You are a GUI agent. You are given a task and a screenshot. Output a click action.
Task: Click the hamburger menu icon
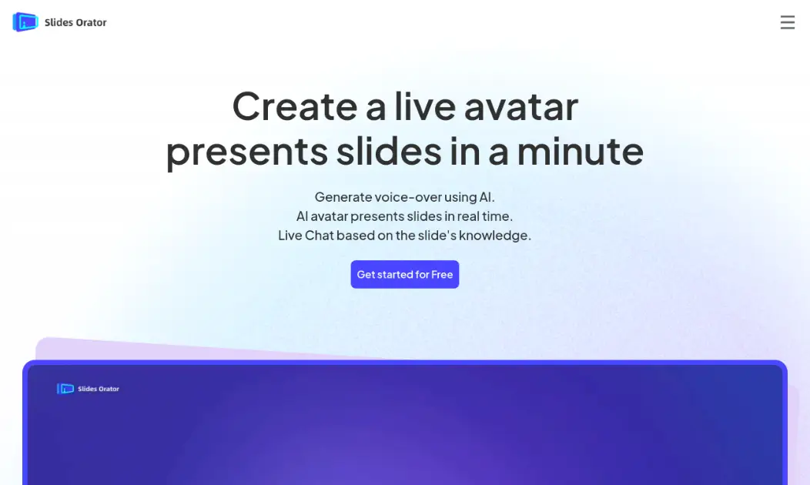787,22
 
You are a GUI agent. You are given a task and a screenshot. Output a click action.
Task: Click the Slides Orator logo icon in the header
25,22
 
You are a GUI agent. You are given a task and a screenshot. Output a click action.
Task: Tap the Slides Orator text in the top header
75,22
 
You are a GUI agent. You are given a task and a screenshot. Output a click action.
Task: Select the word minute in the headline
580,151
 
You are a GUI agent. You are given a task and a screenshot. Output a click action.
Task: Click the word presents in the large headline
246,151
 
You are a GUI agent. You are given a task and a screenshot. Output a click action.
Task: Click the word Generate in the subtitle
343,196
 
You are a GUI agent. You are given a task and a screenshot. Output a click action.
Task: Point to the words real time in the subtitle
485,216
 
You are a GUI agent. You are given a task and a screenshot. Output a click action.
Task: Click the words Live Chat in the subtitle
306,236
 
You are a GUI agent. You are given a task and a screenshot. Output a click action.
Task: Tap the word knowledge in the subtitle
494,236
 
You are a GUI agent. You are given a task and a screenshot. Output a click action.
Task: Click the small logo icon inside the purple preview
65,389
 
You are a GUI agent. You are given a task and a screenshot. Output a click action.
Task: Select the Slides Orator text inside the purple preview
99,389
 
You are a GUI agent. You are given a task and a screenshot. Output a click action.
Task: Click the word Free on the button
442,275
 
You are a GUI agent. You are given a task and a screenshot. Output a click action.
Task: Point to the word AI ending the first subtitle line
486,196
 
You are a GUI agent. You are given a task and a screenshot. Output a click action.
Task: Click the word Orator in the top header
92,22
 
